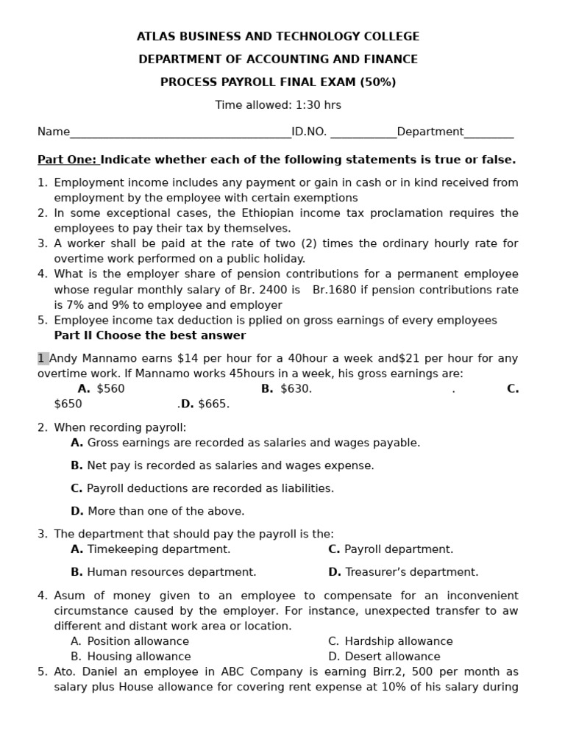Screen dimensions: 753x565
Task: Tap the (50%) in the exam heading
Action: (x=378, y=82)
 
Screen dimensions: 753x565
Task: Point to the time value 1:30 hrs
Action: (x=318, y=105)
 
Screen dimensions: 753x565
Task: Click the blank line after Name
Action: (x=180, y=133)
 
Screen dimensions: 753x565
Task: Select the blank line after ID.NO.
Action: (x=363, y=133)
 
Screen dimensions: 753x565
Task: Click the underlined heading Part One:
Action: (x=67, y=160)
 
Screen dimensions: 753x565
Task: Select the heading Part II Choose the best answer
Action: (x=150, y=335)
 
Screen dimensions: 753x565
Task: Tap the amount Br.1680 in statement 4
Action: (x=335, y=290)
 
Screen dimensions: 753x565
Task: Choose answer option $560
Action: (x=110, y=389)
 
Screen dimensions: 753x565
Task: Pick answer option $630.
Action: (x=296, y=389)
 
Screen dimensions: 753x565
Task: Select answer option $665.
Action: (x=214, y=404)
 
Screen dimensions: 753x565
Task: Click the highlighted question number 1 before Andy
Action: (x=43, y=359)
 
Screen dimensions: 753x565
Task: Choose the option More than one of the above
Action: (x=166, y=511)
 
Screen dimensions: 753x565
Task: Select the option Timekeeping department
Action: (x=158, y=549)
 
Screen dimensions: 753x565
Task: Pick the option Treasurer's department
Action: (x=411, y=572)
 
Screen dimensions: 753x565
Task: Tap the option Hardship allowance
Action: (x=398, y=641)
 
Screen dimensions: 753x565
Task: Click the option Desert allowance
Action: (x=392, y=657)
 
